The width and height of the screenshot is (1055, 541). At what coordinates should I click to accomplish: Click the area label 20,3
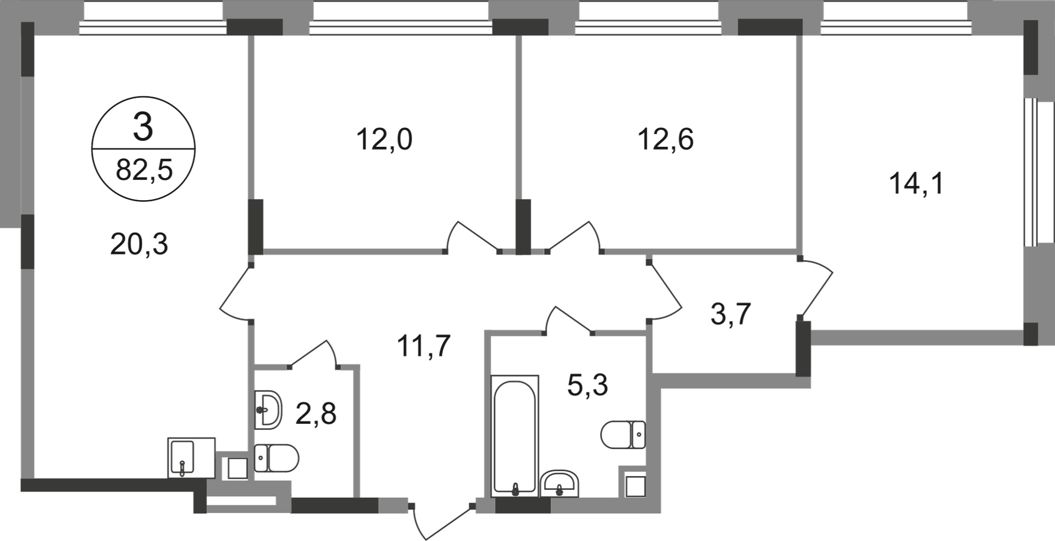tap(138, 244)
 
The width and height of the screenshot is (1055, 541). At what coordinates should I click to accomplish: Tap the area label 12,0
tap(384, 139)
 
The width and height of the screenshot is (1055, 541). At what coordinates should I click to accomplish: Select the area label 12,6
tap(665, 139)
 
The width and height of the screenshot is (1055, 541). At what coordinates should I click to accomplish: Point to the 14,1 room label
tap(916, 184)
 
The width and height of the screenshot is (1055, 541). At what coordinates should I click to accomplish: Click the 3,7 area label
tap(730, 314)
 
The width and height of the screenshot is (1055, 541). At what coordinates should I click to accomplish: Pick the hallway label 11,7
tap(424, 346)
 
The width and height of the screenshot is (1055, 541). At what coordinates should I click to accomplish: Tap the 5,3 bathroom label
tap(587, 385)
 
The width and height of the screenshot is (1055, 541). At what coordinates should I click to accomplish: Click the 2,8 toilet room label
tap(315, 413)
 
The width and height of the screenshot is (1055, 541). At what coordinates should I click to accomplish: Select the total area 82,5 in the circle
tap(144, 170)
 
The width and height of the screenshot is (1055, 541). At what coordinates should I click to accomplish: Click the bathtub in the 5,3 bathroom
tap(514, 434)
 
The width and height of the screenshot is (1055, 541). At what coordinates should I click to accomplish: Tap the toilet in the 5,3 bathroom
tap(623, 435)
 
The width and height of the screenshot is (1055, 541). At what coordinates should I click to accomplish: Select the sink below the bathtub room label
tap(559, 484)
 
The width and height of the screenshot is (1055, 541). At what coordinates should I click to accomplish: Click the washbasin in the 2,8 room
tap(268, 410)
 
